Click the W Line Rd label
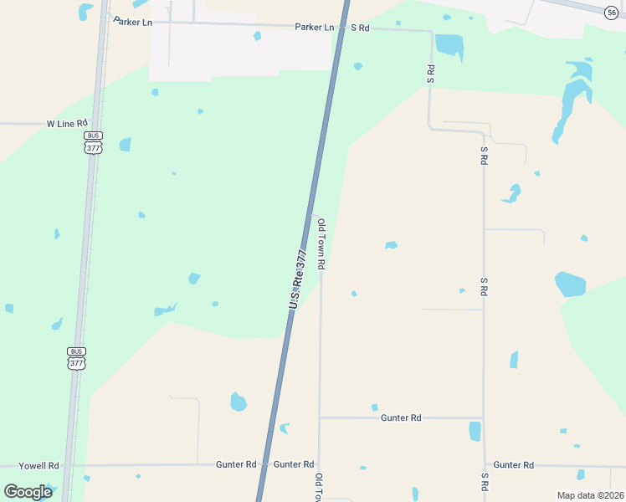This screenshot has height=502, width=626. pyautogui.click(x=67, y=123)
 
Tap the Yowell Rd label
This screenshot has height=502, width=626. pyautogui.click(x=41, y=465)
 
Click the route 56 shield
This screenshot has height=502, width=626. pyautogui.click(x=612, y=12)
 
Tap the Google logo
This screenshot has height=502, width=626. pyautogui.click(x=28, y=491)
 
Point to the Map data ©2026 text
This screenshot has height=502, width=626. pyautogui.click(x=590, y=495)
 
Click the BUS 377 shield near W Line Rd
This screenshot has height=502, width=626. pyautogui.click(x=93, y=142)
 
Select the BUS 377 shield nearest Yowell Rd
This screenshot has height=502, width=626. pyautogui.click(x=76, y=357)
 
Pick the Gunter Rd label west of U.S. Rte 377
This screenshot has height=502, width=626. pyautogui.click(x=236, y=464)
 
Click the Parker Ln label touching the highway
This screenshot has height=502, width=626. pyautogui.click(x=314, y=27)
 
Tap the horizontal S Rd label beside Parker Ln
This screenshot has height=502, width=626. pyautogui.click(x=360, y=28)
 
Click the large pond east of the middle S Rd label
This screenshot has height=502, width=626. pyautogui.click(x=570, y=284)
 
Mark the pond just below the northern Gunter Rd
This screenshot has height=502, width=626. pyautogui.click(x=475, y=431)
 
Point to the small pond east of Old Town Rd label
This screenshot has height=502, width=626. pyautogui.click(x=390, y=245)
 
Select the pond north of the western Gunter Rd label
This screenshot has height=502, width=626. pyautogui.click(x=239, y=402)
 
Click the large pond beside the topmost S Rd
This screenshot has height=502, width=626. pyautogui.click(x=449, y=45)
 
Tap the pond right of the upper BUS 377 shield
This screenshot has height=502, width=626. pyautogui.click(x=125, y=145)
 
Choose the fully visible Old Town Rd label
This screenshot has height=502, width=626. pyautogui.click(x=321, y=244)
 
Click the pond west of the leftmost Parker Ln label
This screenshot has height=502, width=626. pyautogui.click(x=85, y=12)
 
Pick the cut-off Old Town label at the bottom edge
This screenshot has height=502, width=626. pyautogui.click(x=319, y=487)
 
